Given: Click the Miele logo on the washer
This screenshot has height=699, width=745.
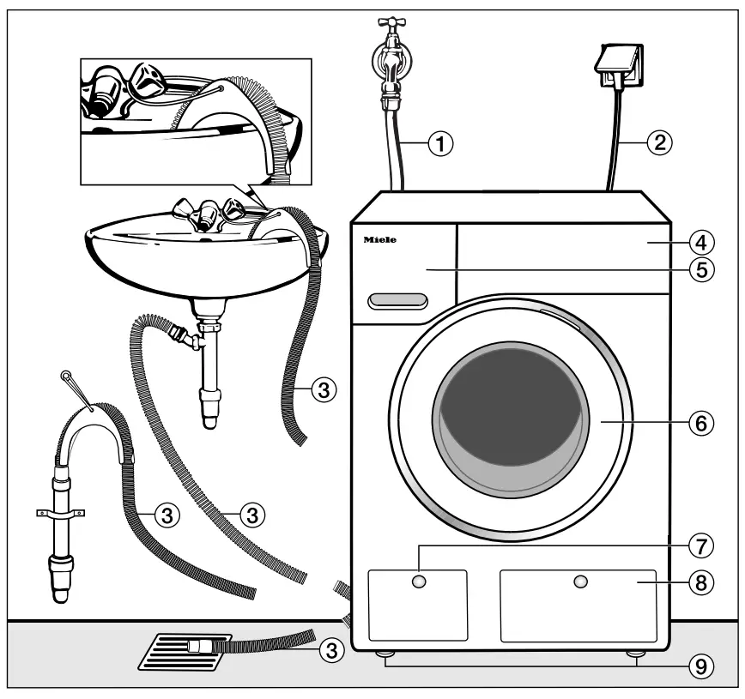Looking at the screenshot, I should point(379,241).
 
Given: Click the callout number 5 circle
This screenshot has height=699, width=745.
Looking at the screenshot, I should point(701,269).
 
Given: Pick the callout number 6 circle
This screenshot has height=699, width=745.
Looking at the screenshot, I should point(701,422).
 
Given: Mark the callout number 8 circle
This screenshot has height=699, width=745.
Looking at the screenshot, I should point(701,581).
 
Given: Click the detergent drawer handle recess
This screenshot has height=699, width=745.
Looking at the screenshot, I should point(397,300).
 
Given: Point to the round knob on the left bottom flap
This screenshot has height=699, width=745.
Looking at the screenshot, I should point(418,582).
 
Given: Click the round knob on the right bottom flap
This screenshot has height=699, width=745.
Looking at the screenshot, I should point(581,582).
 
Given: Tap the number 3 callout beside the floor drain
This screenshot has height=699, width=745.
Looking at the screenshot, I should point(327,650).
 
